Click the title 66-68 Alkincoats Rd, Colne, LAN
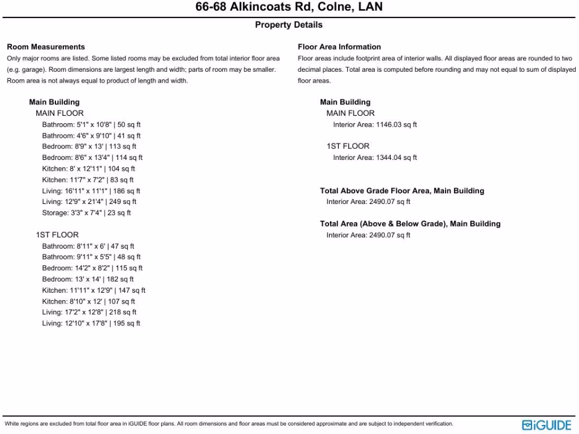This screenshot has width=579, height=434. pyautogui.click(x=289, y=7)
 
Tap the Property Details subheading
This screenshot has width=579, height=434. pyautogui.click(x=288, y=25)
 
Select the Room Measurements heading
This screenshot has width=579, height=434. pyautogui.click(x=46, y=47)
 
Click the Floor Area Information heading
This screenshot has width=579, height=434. pyautogui.click(x=339, y=47)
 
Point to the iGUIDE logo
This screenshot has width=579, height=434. pyautogui.click(x=547, y=425)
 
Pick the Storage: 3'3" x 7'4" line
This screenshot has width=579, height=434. pyautogui.click(x=87, y=213)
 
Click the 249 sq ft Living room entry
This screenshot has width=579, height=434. pyautogui.click(x=89, y=202)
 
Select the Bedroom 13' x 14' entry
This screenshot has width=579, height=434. pyautogui.click(x=88, y=279)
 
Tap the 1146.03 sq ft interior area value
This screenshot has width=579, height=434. pyautogui.click(x=396, y=125)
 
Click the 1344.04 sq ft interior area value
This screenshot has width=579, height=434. pyautogui.click(x=396, y=158)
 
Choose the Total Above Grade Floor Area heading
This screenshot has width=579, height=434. pyautogui.click(x=402, y=191)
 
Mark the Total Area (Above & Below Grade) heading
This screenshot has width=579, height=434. pyautogui.click(x=410, y=224)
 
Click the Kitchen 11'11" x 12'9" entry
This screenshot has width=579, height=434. pyautogui.click(x=94, y=290)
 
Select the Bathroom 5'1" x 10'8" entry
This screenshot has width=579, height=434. pyautogui.click(x=92, y=125)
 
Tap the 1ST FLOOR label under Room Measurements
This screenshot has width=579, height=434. pyautogui.click(x=57, y=235)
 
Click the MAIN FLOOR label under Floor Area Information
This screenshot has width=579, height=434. pyautogui.click(x=351, y=114)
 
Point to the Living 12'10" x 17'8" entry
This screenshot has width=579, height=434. pyautogui.click(x=91, y=323)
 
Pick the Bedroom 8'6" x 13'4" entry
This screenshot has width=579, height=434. pyautogui.click(x=92, y=158)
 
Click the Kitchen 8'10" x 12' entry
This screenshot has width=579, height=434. pyautogui.click(x=89, y=301)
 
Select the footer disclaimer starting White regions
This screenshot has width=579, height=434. pyautogui.click(x=229, y=424)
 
